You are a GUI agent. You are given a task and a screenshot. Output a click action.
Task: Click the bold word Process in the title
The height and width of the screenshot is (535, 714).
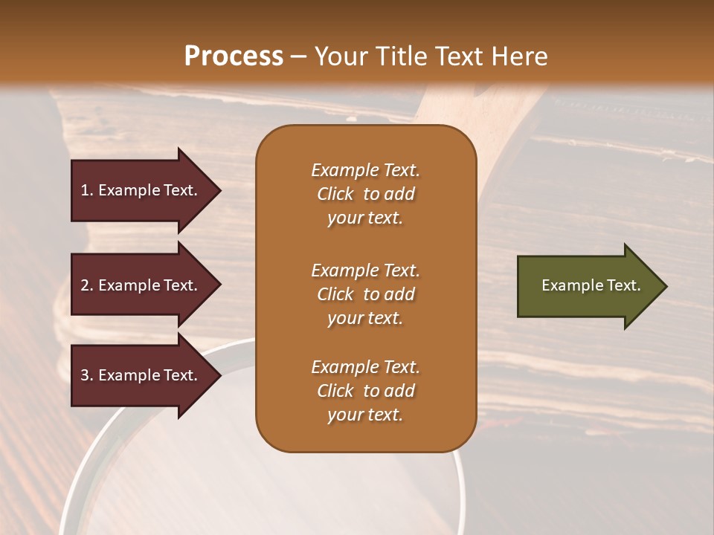[234, 56]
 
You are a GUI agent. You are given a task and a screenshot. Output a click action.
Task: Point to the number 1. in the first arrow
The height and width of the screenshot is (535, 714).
[87, 190]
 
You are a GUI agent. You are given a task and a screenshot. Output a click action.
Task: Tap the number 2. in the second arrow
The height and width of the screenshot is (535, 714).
[87, 285]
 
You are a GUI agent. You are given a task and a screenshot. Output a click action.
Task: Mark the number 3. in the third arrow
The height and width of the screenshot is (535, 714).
[87, 375]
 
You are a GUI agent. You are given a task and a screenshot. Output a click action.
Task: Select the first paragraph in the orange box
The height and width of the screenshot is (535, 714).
[365, 194]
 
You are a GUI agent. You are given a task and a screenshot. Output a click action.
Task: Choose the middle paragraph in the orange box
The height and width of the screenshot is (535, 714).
[365, 294]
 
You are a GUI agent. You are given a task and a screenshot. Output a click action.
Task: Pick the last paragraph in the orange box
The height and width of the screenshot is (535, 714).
[365, 391]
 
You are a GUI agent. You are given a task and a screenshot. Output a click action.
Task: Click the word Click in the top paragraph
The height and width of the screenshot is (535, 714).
[335, 194]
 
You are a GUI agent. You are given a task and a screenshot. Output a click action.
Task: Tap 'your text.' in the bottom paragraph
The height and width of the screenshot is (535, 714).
[365, 415]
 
